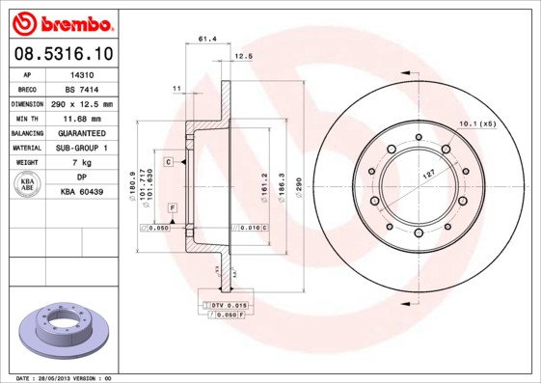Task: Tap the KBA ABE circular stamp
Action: pos(28,185)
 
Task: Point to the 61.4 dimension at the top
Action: pos(206,39)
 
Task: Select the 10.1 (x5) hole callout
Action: pos(476,124)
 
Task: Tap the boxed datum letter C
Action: pos(168,162)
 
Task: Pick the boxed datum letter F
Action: pos(172,208)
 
